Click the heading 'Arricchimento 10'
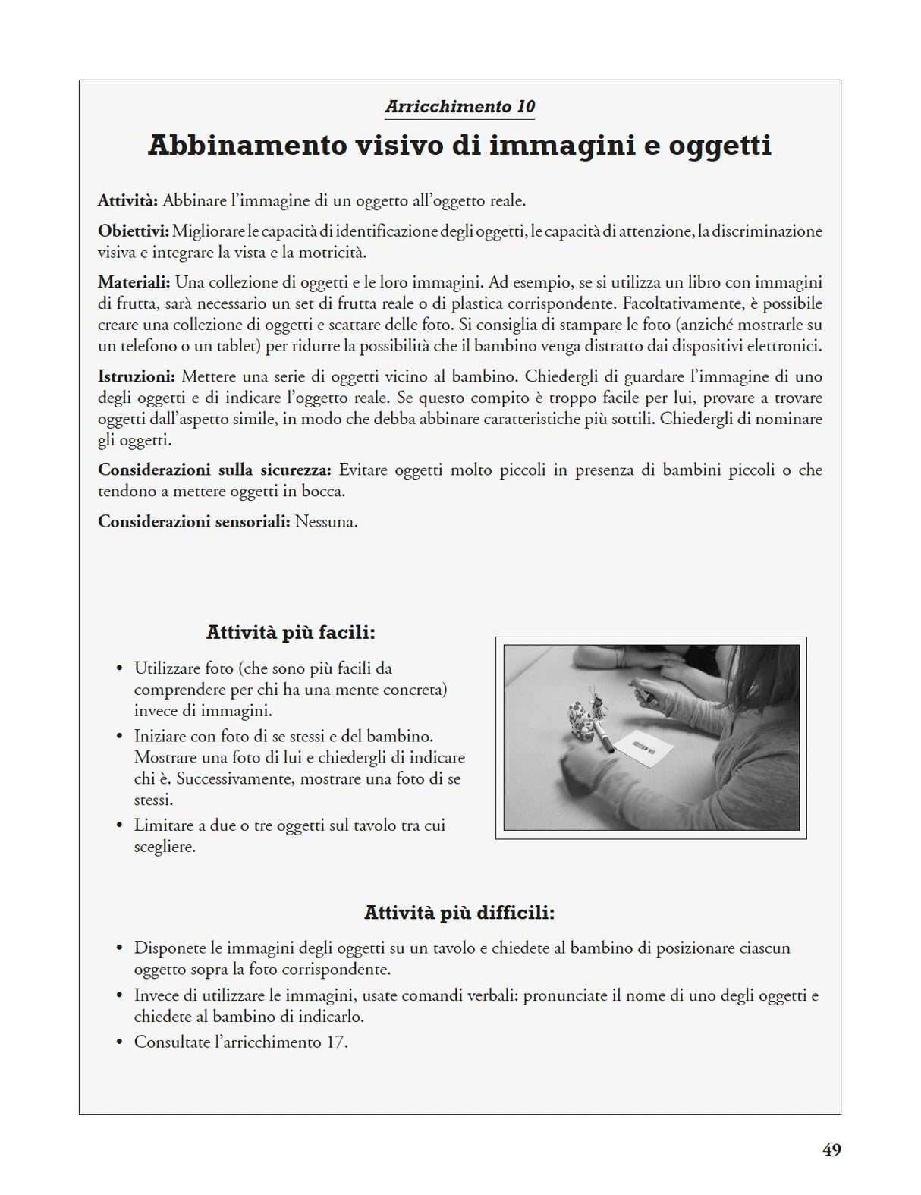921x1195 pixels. (x=460, y=107)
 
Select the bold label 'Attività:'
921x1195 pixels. (x=127, y=201)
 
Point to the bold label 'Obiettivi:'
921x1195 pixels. (x=133, y=231)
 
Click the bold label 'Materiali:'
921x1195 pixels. (x=134, y=282)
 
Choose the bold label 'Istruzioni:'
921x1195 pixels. (x=137, y=376)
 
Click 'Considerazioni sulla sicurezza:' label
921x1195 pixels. (x=215, y=470)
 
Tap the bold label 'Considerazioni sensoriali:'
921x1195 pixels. (x=194, y=522)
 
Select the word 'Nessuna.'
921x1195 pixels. (x=326, y=522)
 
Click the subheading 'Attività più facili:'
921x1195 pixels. (x=291, y=633)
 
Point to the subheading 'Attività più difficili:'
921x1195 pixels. (x=459, y=913)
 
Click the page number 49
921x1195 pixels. (x=831, y=1150)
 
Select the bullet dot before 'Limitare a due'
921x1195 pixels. (x=119, y=825)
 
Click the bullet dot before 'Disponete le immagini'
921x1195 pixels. (x=119, y=948)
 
